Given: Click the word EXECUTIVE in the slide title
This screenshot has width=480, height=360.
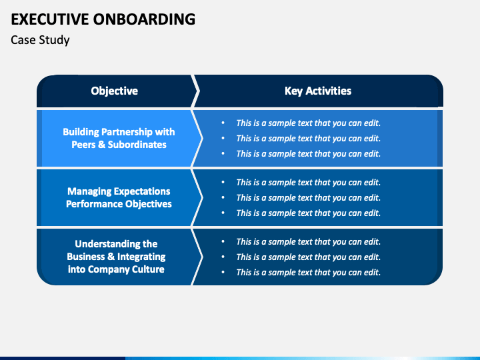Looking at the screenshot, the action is [50, 19].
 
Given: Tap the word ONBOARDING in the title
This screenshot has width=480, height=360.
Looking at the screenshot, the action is [144, 19].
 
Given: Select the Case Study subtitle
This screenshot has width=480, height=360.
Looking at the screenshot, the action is [40, 40].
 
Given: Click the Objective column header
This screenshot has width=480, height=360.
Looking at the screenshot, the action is [114, 91].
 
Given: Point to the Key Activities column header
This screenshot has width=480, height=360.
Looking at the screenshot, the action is [318, 91].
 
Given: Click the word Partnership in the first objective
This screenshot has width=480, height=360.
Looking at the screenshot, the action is [127, 132].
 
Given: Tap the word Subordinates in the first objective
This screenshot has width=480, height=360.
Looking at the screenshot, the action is [137, 145].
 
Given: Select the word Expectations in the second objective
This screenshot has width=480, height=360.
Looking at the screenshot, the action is [141, 191].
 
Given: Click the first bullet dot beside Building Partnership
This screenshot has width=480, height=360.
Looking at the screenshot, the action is [223, 123].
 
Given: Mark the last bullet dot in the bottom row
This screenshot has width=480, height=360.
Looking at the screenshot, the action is [223, 273].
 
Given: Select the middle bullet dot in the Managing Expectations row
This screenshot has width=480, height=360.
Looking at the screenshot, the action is [223, 198].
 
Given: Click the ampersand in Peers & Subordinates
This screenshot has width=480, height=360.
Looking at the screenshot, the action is [101, 145].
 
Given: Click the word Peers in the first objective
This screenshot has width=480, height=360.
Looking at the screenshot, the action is [83, 145].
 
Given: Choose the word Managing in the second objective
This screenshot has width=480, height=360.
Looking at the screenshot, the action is [88, 191].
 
